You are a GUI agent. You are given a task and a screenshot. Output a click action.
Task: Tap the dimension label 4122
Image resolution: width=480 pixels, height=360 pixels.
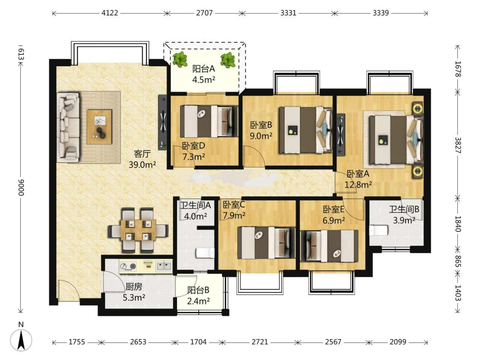pos(109,13)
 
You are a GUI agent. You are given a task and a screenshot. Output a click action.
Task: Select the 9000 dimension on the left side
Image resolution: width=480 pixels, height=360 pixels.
pos(21,187)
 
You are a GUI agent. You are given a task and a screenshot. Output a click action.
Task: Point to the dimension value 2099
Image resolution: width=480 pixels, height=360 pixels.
pos(397,341)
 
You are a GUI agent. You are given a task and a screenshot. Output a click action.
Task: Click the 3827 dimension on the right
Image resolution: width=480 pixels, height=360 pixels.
pos(458,145)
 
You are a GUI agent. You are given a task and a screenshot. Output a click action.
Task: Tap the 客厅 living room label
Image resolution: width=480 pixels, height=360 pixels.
pos(142,154)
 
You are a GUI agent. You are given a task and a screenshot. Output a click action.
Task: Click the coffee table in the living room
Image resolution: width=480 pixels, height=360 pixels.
pos(99,127)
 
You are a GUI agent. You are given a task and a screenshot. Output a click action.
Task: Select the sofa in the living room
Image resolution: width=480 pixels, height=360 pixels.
pos(68,127)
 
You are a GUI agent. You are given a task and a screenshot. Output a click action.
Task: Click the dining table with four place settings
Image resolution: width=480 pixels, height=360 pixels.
pos(138,230)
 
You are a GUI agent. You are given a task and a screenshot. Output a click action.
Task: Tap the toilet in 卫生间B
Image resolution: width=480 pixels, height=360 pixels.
pos(378,231)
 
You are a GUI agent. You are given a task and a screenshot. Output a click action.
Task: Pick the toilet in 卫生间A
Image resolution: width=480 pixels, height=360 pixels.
pos(205,253)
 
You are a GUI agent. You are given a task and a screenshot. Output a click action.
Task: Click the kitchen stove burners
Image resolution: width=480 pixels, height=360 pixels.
pos(128,267)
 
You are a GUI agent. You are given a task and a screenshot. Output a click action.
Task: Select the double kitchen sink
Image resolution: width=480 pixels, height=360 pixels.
pos(164,266)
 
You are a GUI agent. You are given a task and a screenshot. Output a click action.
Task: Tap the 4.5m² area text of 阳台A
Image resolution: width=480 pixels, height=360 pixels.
pos(204,79)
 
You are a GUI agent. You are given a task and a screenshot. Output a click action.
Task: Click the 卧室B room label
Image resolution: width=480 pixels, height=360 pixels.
pos(261,125)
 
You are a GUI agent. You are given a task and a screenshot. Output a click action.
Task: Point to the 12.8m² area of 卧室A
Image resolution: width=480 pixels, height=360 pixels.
pos(358,185)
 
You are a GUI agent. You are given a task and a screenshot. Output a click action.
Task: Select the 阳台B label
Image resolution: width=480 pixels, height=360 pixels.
pos(198,290)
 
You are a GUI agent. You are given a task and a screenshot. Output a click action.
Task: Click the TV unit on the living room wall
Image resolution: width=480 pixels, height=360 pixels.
pos(163,122)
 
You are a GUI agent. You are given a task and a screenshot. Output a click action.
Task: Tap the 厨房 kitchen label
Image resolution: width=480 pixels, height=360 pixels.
pos(133,286)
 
